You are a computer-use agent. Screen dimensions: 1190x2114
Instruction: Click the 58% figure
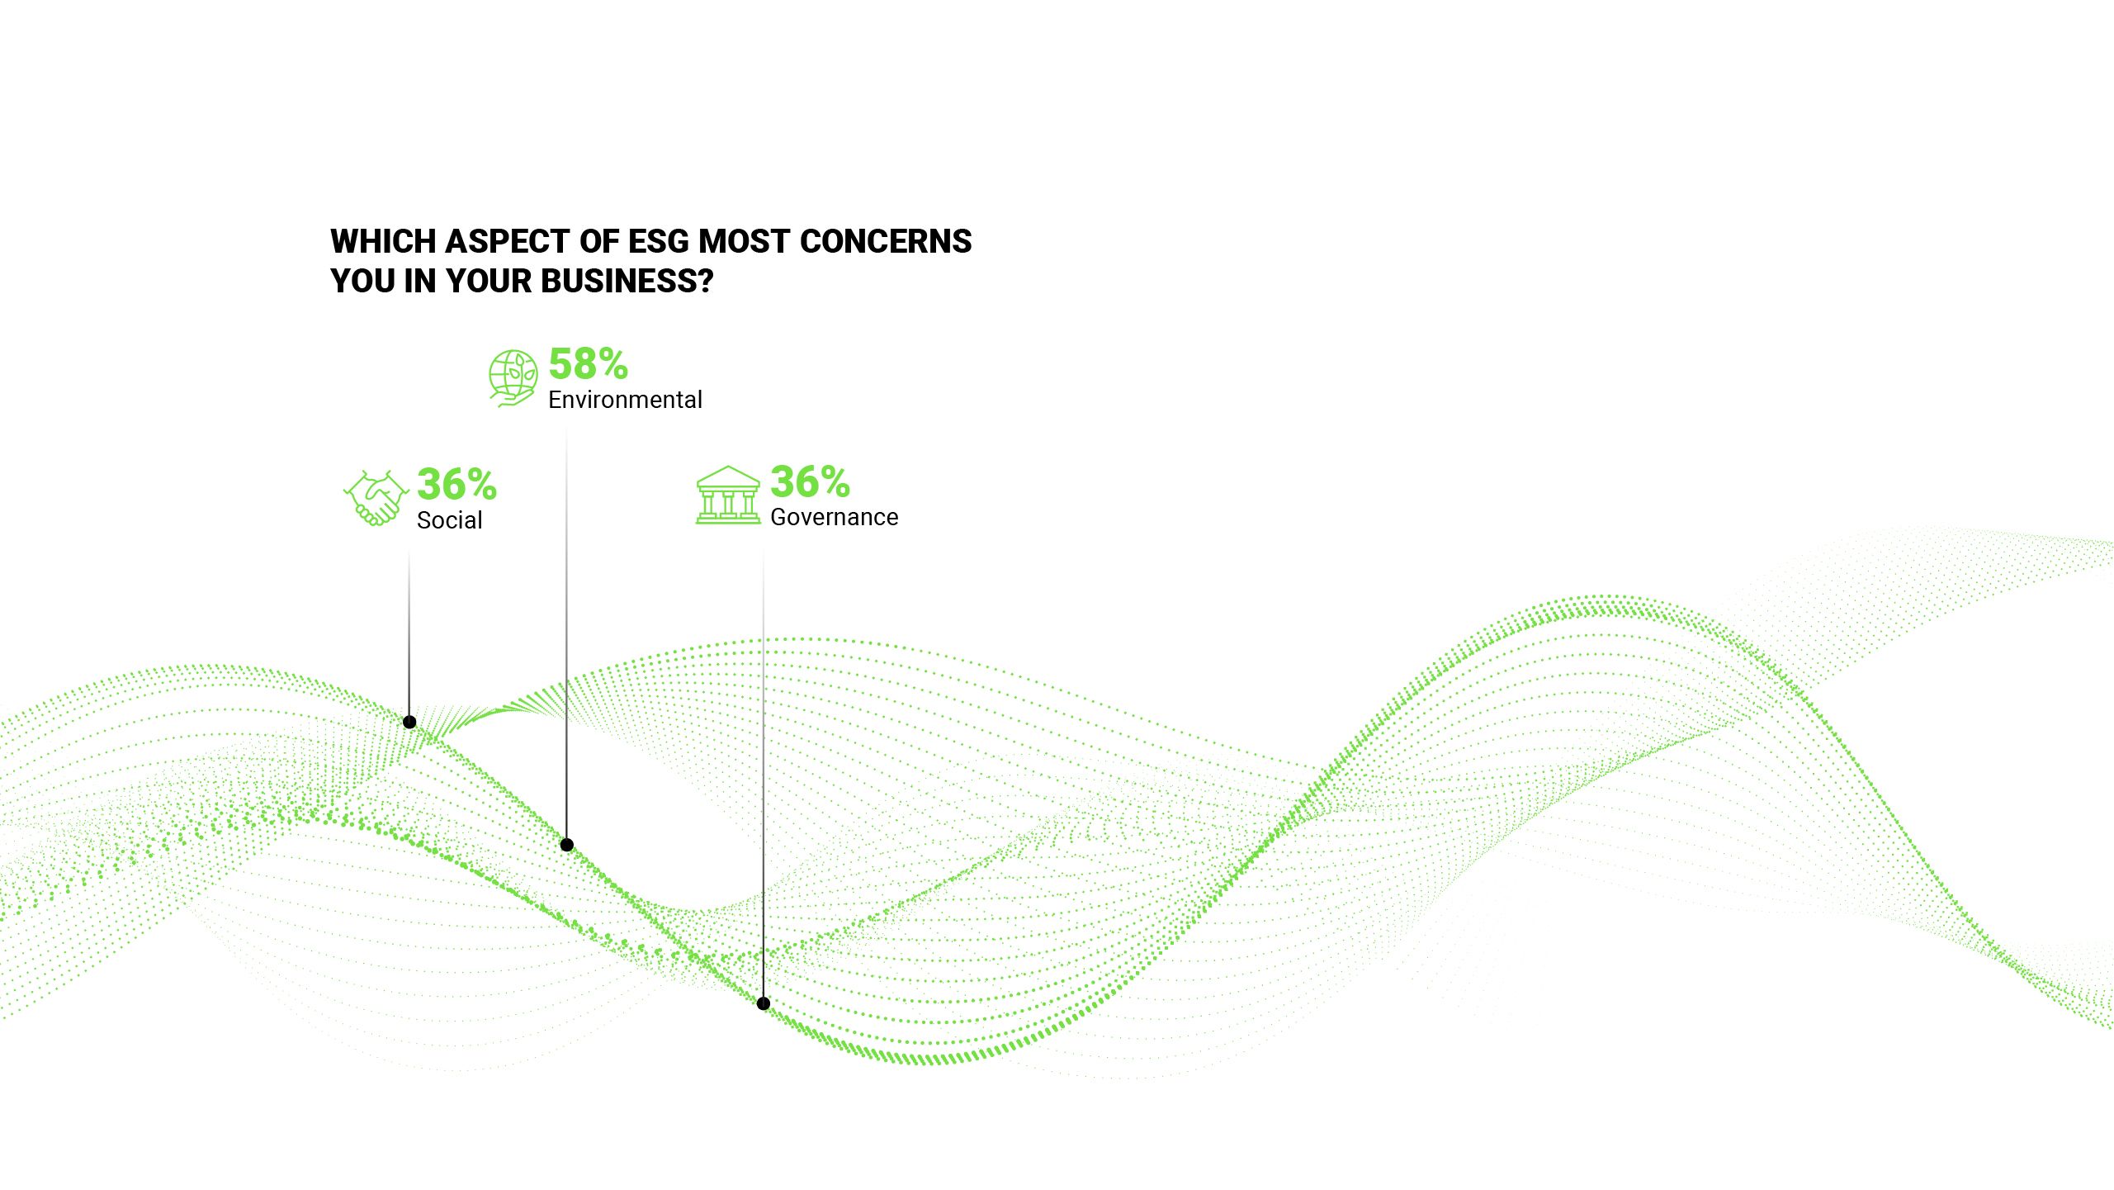point(588,364)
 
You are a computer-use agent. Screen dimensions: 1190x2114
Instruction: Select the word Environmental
point(625,401)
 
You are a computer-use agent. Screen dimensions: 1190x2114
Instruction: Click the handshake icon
point(376,498)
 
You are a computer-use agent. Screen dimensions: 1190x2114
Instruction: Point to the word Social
point(449,521)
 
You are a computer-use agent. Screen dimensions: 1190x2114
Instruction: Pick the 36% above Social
point(456,485)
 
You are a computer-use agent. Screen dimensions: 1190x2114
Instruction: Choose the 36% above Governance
point(810,482)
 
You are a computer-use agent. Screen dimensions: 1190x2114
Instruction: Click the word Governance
point(834,518)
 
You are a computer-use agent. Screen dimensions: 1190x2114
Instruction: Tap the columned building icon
point(727,495)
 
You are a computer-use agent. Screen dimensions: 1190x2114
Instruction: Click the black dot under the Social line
point(409,723)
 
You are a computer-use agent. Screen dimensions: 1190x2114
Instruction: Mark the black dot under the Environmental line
point(567,845)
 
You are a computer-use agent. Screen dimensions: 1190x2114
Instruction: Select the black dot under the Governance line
point(764,1003)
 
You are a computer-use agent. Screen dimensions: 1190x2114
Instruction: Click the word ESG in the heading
point(658,242)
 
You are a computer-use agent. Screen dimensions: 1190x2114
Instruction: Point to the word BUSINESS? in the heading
point(627,282)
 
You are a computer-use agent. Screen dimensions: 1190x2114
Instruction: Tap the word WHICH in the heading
point(383,242)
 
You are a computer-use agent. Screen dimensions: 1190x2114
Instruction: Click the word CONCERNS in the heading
point(886,242)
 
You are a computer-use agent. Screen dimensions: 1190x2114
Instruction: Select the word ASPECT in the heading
point(508,242)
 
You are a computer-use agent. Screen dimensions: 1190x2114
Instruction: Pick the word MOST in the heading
point(745,242)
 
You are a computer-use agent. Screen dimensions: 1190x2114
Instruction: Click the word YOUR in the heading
point(489,282)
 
